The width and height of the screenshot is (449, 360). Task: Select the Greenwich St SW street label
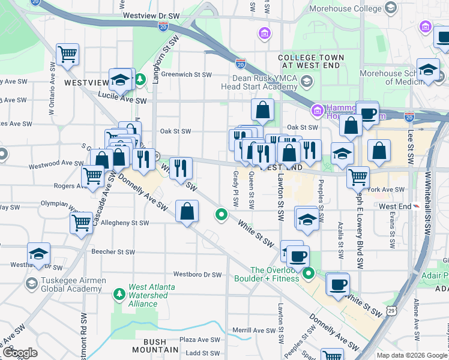click(187, 75)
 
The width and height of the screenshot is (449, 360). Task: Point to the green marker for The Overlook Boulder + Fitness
click(309, 274)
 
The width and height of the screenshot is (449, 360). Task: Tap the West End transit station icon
click(415, 206)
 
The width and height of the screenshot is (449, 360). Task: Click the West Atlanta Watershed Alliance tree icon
click(119, 293)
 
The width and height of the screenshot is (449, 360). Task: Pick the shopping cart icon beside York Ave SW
click(358, 177)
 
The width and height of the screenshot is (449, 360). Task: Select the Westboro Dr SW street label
click(197, 275)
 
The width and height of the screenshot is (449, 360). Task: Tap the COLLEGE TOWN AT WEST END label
click(311, 62)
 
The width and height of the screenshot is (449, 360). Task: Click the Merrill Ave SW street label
click(254, 330)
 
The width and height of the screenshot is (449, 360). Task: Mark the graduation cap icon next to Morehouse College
click(391, 8)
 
